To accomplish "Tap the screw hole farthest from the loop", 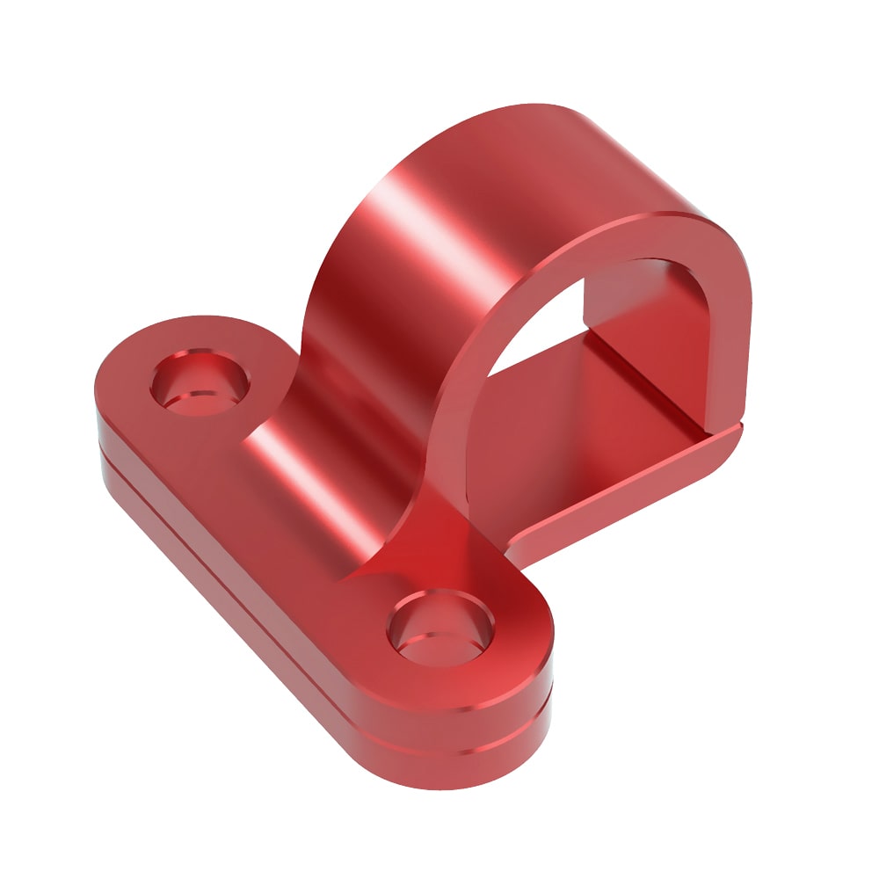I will (200, 384).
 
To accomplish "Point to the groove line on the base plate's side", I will (264, 563).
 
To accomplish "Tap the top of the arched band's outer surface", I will (527, 141).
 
